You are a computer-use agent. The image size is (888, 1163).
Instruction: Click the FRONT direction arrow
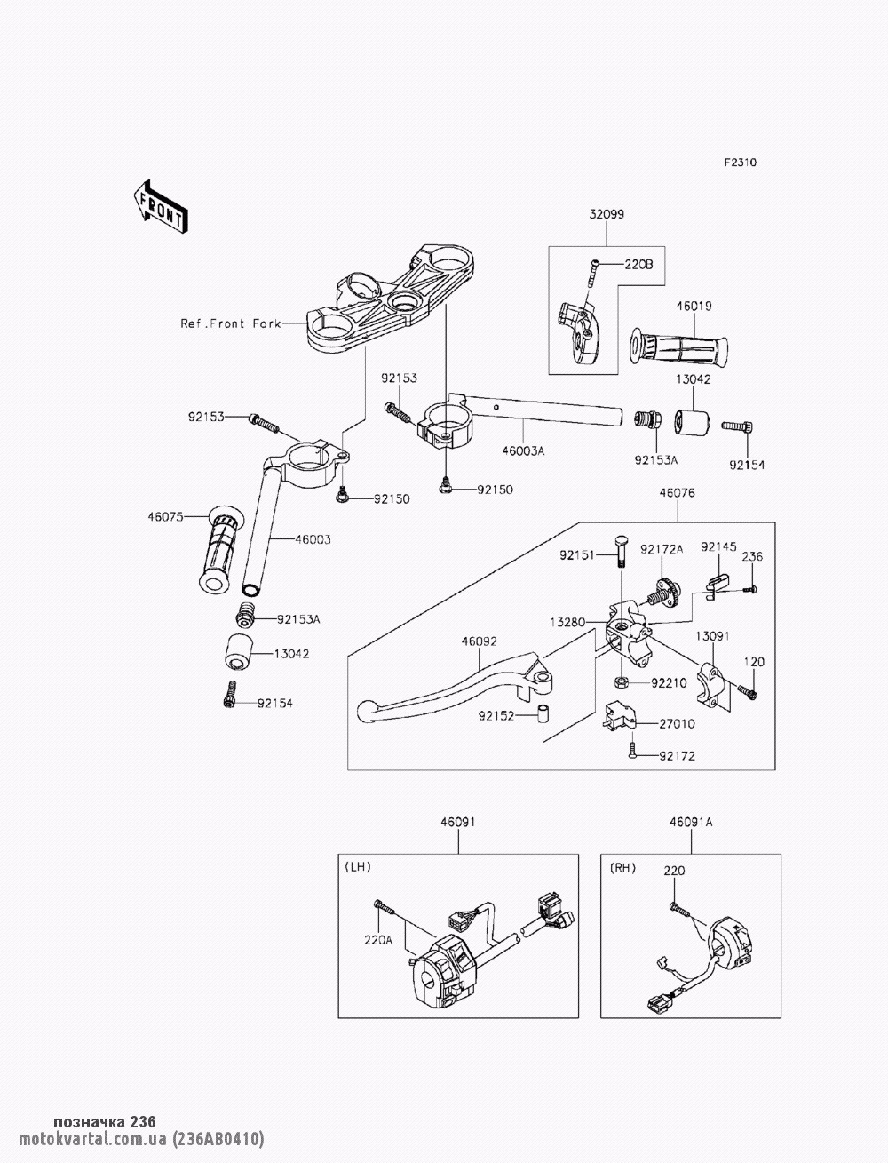[160, 206]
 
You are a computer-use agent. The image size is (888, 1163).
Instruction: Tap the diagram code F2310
[740, 163]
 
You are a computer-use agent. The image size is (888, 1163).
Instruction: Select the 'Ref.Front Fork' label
[230, 323]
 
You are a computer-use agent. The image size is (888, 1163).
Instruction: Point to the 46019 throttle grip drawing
[677, 349]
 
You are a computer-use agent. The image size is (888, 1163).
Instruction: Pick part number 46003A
[525, 450]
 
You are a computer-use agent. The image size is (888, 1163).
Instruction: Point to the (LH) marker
[357, 866]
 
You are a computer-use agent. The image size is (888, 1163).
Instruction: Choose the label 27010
[677, 724]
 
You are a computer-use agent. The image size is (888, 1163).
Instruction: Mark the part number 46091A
[691, 823]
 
